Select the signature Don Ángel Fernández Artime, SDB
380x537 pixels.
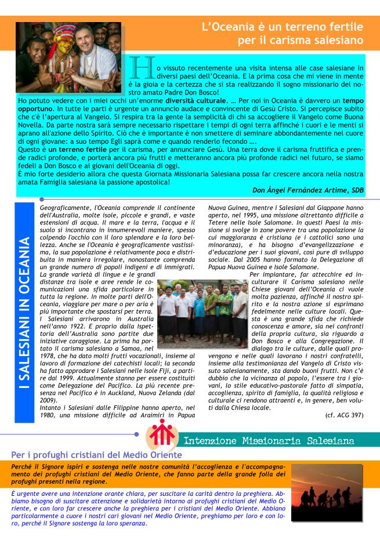click(309, 190)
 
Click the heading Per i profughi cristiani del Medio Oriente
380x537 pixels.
click(96, 455)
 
